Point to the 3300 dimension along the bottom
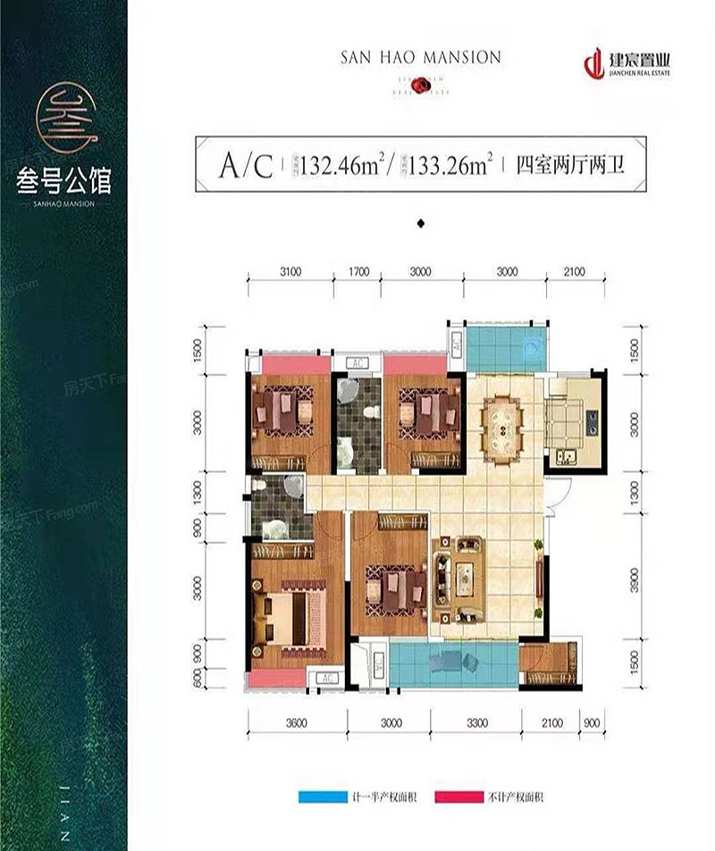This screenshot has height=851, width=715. point(475,723)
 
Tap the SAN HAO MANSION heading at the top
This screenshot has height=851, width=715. point(421,58)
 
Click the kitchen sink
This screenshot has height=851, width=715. point(565,457)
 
